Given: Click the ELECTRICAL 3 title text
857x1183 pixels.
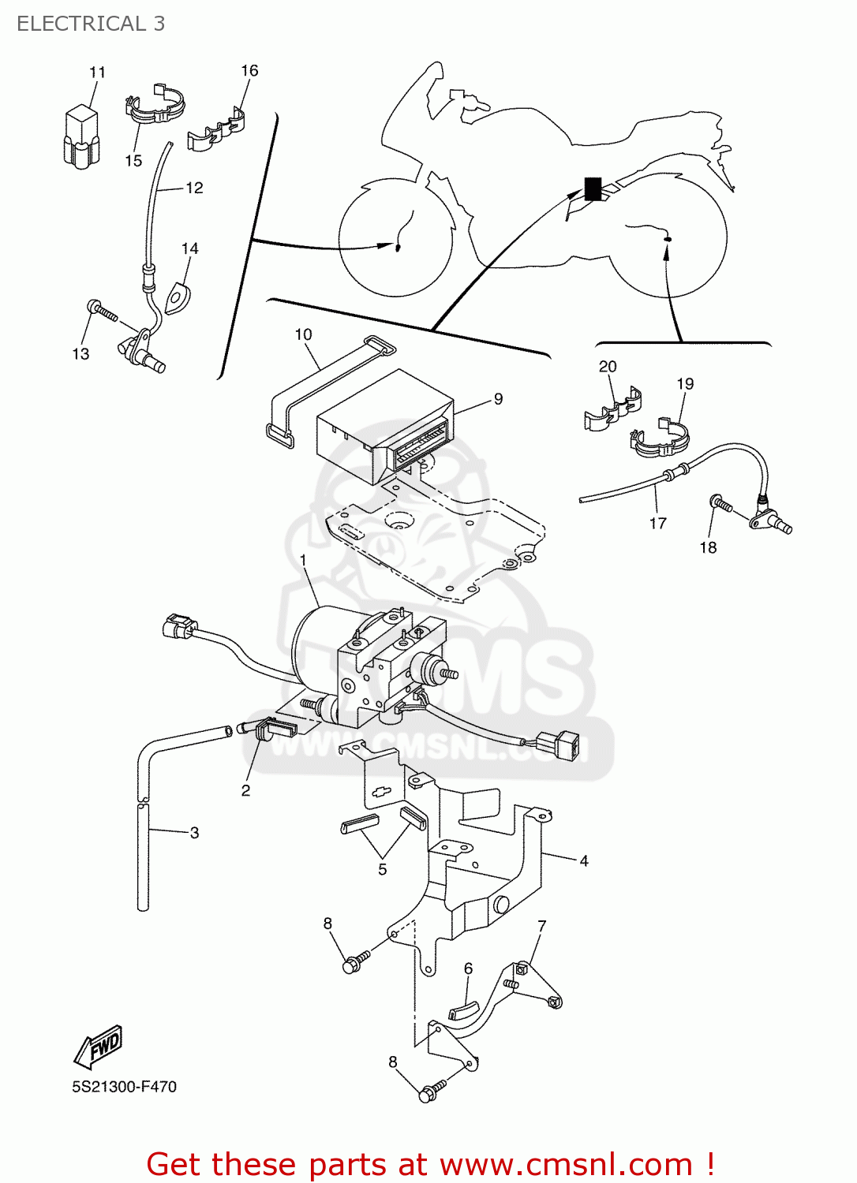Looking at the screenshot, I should pyautogui.click(x=91, y=24).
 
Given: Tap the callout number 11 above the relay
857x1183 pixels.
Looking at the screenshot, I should pyautogui.click(x=97, y=73).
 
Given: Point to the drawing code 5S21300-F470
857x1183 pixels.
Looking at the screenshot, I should pyautogui.click(x=124, y=1087).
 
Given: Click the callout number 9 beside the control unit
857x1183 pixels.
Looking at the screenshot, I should pyautogui.click(x=498, y=399).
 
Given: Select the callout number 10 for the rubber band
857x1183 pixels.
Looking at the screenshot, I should pyautogui.click(x=303, y=334).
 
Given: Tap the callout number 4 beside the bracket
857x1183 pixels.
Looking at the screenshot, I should pyautogui.click(x=584, y=861).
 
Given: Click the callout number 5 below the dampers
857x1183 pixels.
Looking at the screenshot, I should pyautogui.click(x=383, y=870).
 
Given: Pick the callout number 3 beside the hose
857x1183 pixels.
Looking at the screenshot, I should pyautogui.click(x=194, y=833).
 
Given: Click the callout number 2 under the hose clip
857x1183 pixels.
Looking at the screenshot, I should pyautogui.click(x=245, y=790).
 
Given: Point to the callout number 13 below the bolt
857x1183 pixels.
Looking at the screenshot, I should pyautogui.click(x=80, y=354).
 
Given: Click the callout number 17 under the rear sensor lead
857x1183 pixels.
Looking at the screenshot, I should pyautogui.click(x=657, y=523).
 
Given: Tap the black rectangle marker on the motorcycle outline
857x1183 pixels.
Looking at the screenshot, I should pyautogui.click(x=592, y=188).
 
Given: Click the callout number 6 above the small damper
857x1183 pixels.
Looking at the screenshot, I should pyautogui.click(x=468, y=968).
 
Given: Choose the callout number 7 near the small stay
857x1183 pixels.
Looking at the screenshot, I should pyautogui.click(x=542, y=926).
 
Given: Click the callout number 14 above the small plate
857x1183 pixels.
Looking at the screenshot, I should pyautogui.click(x=189, y=249).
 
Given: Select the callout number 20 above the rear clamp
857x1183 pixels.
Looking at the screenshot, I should pyautogui.click(x=608, y=367).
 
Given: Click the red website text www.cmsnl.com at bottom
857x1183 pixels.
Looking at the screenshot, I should pyautogui.click(x=565, y=1165).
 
